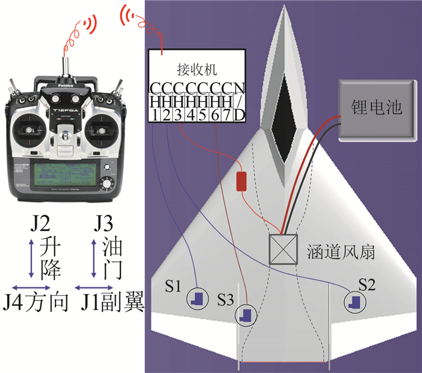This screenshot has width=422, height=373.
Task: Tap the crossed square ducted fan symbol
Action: [x=283, y=249]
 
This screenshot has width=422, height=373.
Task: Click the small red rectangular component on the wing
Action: [x=242, y=181]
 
